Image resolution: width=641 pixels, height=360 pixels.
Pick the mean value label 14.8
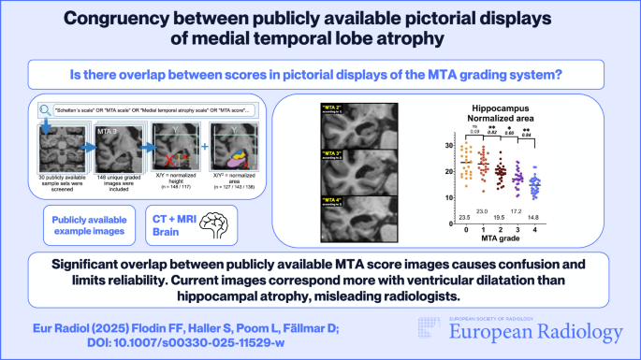[561, 218]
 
